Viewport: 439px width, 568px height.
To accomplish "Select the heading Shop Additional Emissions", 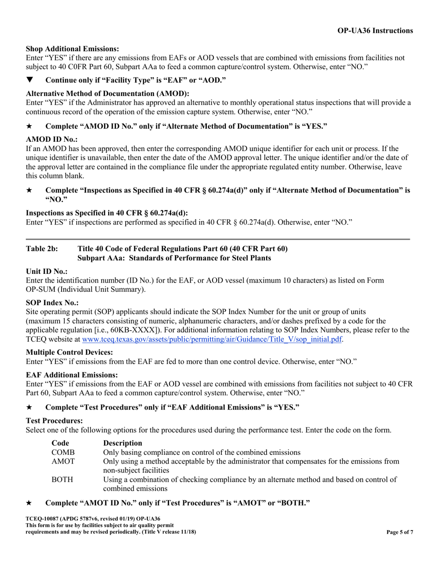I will coord(72,49).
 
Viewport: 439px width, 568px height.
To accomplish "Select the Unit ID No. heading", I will coord(47,272).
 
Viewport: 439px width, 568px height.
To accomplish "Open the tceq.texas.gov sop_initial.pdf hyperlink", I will coord(212,339).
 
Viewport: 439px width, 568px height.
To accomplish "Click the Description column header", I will coord(122,443).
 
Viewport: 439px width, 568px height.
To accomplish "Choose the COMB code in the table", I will coord(63,452).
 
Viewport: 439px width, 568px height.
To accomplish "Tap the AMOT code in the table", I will coord(63,461).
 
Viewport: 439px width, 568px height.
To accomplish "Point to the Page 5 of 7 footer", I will coord(400,532).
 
